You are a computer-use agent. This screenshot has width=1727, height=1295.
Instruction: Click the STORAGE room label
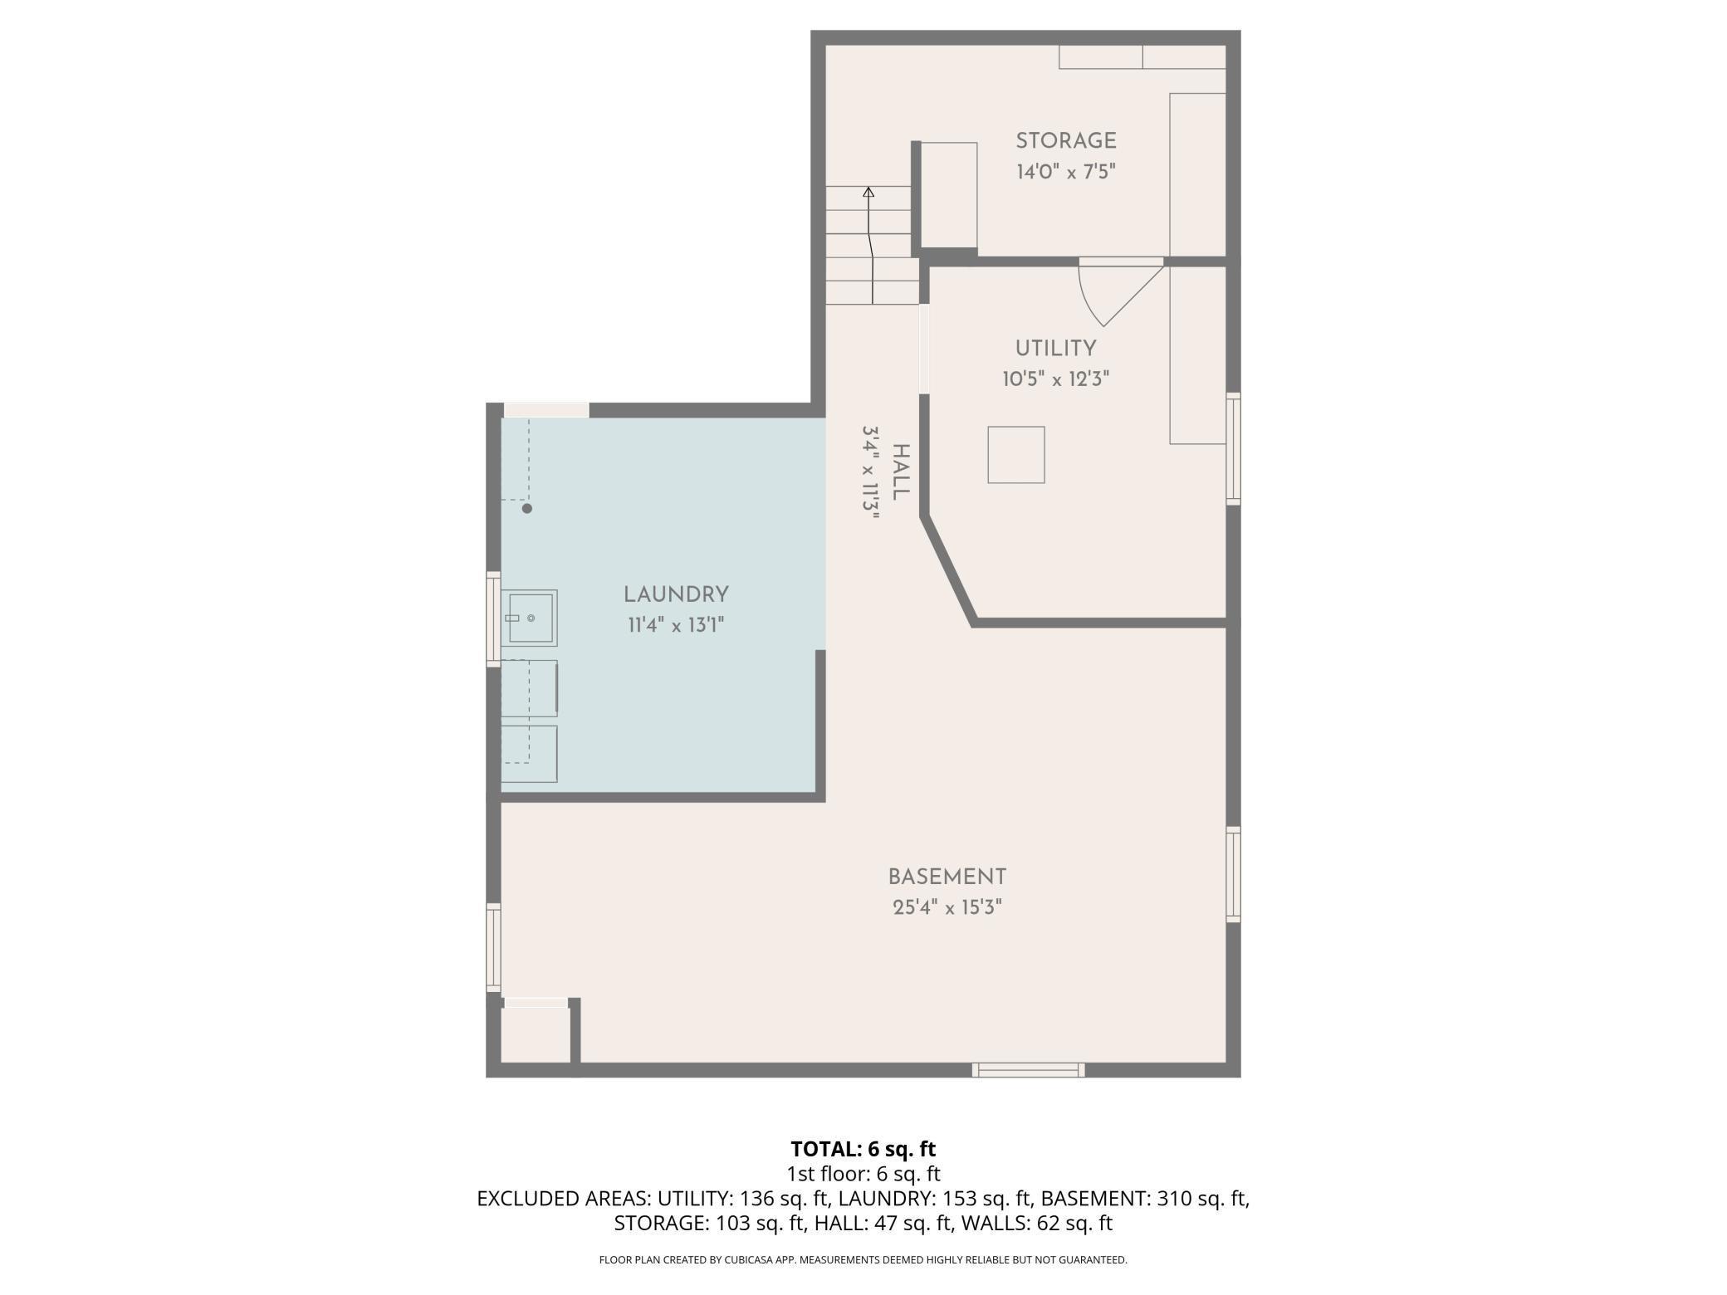[1066, 141]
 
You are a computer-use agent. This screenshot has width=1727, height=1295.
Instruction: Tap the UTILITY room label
[1056, 349]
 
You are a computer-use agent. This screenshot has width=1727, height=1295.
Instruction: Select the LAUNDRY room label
[676, 594]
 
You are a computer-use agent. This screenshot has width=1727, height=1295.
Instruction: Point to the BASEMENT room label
[947, 877]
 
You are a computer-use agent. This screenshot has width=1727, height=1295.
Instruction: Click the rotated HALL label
[900, 472]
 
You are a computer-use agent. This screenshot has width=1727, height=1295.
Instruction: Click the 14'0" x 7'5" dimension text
[1066, 172]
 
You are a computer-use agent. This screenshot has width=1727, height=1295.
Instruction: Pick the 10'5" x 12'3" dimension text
[1056, 379]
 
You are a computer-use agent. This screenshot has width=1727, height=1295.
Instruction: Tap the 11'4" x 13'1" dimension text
[676, 625]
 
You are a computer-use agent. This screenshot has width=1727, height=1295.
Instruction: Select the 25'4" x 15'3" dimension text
[947, 907]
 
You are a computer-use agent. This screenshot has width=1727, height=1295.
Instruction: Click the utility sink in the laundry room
[529, 618]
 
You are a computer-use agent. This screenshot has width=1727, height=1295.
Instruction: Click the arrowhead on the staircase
[868, 193]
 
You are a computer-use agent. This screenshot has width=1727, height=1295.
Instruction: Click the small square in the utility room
[1016, 455]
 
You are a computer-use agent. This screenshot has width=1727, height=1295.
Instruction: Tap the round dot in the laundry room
[526, 508]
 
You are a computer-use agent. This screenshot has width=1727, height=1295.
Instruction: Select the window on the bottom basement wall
[1029, 1070]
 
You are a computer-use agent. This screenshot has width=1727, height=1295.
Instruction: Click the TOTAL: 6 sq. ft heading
[863, 1149]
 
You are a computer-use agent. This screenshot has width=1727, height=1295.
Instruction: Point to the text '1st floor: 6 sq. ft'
[863, 1174]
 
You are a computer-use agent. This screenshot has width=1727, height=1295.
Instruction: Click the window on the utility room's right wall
[1234, 448]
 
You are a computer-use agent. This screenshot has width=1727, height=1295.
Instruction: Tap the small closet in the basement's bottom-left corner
[536, 1034]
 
